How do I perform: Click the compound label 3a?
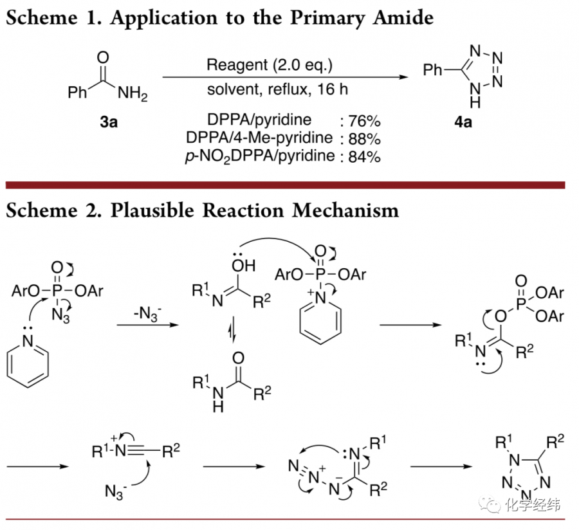[x=109, y=122]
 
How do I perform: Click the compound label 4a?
[x=463, y=122]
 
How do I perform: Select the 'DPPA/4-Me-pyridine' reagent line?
[x=259, y=138]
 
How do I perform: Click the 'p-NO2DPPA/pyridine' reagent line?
[x=259, y=156]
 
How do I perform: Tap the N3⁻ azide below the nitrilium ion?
[x=113, y=492]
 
